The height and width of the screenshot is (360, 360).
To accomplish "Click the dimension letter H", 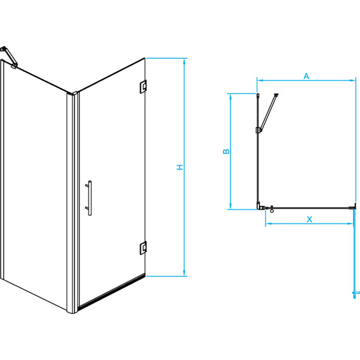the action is coord(180,167).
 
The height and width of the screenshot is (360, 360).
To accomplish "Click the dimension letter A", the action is coord(306,76).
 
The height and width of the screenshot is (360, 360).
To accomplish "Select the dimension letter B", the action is coord(226,152).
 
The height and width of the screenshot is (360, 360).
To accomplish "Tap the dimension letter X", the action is coord(309,219).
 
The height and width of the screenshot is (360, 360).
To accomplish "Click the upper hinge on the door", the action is coord(143,87).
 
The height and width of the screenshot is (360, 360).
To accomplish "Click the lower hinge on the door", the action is coord(143,248).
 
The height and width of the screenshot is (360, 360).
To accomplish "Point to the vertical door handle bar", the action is coord(90,198).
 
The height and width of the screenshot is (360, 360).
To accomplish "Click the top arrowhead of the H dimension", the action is coord(184,61).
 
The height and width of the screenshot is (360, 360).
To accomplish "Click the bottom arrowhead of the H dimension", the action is coord(184,273).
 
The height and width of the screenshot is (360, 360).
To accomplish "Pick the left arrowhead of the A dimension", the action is coord(260,80).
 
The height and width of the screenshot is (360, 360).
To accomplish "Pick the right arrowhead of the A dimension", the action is coord(352,80).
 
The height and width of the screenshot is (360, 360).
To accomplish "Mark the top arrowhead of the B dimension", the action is coord(231,97).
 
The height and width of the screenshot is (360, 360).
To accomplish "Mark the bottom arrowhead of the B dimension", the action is coord(231,206).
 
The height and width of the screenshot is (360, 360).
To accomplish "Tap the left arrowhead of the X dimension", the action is coord(269,224).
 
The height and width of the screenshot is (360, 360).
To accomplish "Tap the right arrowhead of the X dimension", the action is coord(350,224).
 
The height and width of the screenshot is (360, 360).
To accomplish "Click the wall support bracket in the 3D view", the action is coord(9,57).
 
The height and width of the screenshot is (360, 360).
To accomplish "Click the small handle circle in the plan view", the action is coord(272,211).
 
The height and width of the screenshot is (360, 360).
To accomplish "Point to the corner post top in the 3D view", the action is coord(73,93).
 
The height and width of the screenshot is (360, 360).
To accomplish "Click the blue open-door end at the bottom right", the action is coord(356,294).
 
